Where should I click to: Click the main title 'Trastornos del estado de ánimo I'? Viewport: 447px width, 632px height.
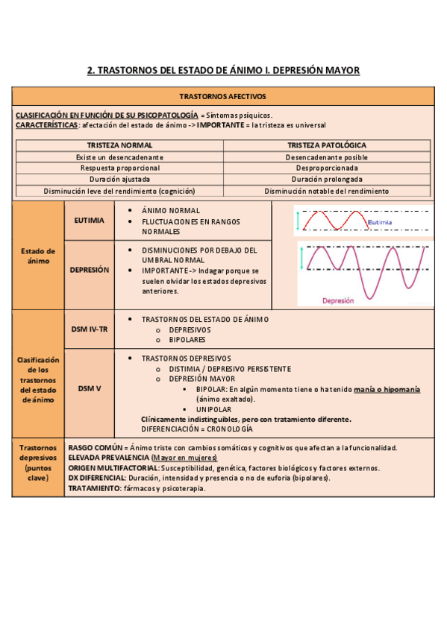click(x=223, y=71)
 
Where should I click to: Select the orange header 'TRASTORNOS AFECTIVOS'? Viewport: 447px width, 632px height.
click(x=223, y=97)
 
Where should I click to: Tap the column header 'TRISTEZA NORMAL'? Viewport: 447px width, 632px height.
click(x=119, y=145)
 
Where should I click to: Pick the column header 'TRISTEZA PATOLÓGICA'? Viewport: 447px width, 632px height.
click(x=327, y=145)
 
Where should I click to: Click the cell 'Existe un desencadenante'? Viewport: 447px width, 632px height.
click(x=119, y=157)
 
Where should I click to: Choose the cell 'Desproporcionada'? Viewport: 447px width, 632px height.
click(x=327, y=168)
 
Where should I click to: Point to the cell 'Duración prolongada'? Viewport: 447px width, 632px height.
click(x=327, y=180)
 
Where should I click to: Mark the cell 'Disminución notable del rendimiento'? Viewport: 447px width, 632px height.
click(x=327, y=191)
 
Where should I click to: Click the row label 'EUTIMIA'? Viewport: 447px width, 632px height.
click(x=90, y=221)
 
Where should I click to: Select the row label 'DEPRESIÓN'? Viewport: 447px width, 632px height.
click(x=90, y=271)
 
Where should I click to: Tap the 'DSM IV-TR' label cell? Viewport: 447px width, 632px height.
click(x=90, y=329)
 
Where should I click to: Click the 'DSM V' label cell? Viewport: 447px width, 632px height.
click(x=90, y=388)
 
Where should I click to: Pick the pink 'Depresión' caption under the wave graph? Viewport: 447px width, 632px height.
click(x=338, y=300)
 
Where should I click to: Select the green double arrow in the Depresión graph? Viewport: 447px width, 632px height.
click(x=302, y=259)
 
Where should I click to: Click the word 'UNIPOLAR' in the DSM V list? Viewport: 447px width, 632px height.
click(x=213, y=409)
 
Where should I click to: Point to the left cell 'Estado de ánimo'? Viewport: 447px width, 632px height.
click(x=37, y=256)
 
